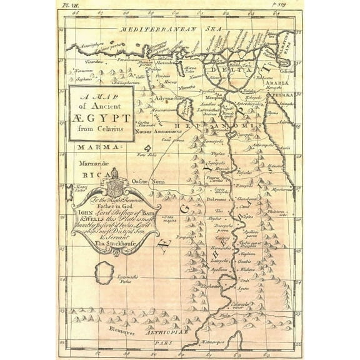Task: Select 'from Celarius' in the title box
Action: (102, 129)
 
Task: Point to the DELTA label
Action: (239, 70)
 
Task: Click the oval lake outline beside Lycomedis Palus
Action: (104, 274)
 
